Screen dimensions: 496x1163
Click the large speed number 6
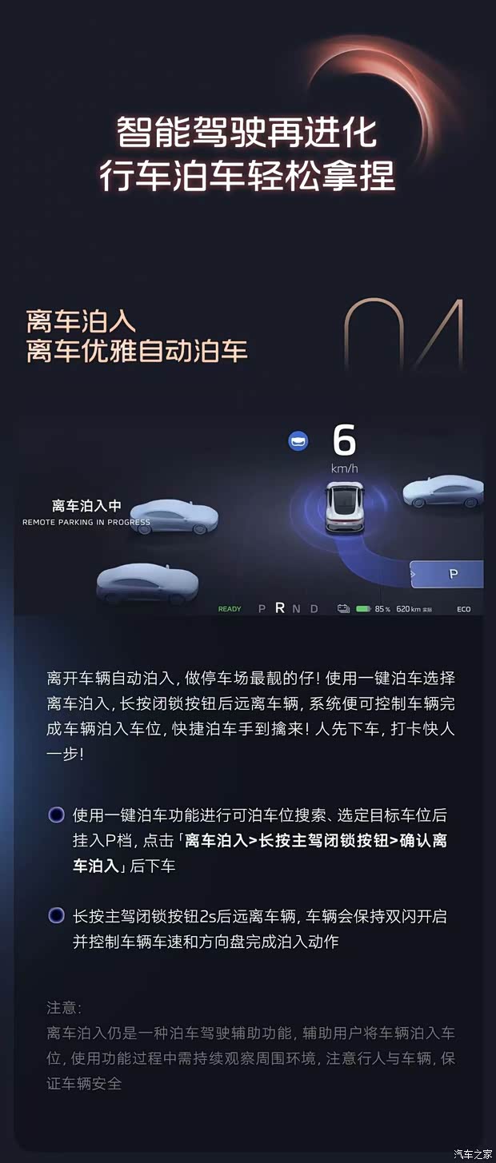[x=344, y=440]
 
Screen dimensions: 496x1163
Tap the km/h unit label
[x=344, y=468]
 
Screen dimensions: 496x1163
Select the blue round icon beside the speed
[x=298, y=441]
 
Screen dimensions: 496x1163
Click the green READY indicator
[x=230, y=609]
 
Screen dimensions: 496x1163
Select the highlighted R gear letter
[x=280, y=608]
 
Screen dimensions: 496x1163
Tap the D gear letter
[x=314, y=609]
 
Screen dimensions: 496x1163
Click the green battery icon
[x=363, y=608]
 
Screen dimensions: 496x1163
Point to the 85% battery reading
[x=382, y=609]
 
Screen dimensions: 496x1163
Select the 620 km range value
[x=408, y=609]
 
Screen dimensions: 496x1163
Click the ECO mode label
[x=464, y=609]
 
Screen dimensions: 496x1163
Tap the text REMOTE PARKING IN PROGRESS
[x=86, y=522]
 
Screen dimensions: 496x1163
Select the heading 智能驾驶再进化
[x=246, y=133]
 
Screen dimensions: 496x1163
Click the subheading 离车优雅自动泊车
[x=137, y=351]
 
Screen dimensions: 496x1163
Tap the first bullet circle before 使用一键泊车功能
[x=56, y=814]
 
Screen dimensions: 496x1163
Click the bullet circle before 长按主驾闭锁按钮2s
[x=56, y=915]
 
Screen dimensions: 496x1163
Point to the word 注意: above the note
[x=64, y=1008]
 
